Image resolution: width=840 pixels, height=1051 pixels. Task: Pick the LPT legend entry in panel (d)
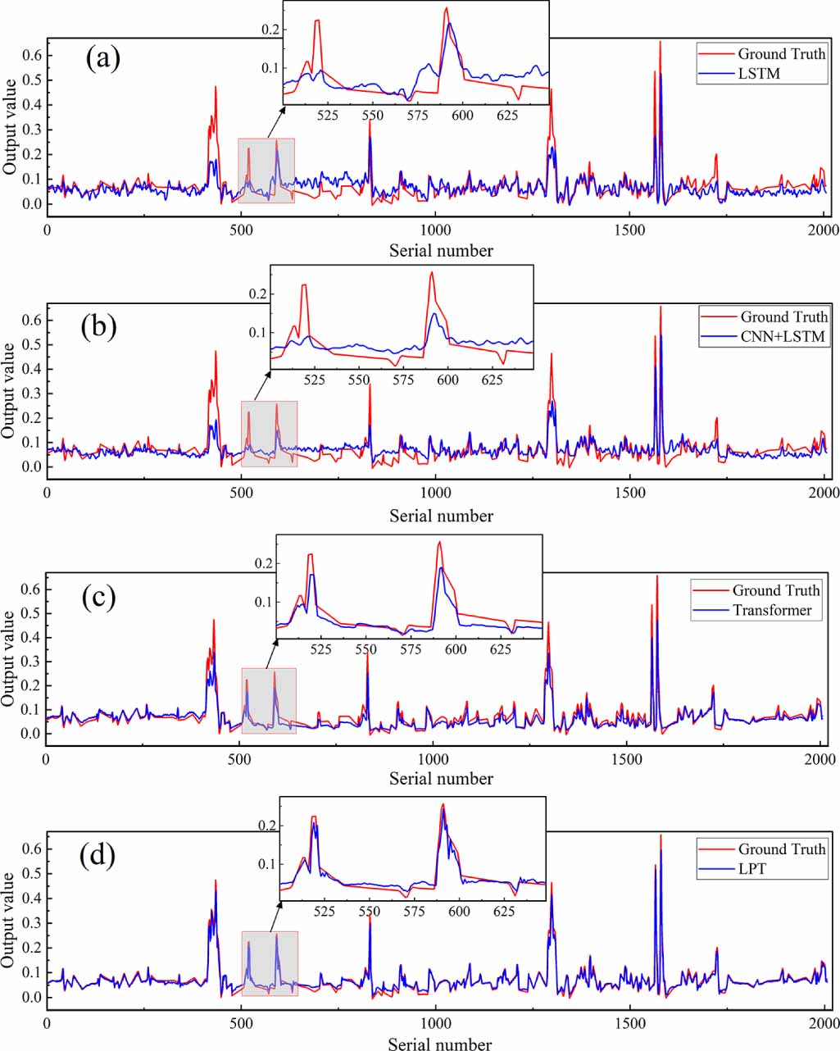[752, 869]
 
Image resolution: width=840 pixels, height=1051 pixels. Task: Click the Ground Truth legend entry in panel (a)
[782, 54]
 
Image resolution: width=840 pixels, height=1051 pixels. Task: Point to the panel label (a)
[103, 60]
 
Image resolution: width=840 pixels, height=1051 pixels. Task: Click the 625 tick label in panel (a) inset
[508, 116]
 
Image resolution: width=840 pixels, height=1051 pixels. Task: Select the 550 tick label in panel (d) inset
[370, 911]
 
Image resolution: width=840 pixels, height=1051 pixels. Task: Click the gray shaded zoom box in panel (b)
[269, 434]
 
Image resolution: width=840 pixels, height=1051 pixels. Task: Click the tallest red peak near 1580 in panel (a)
[660, 43]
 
